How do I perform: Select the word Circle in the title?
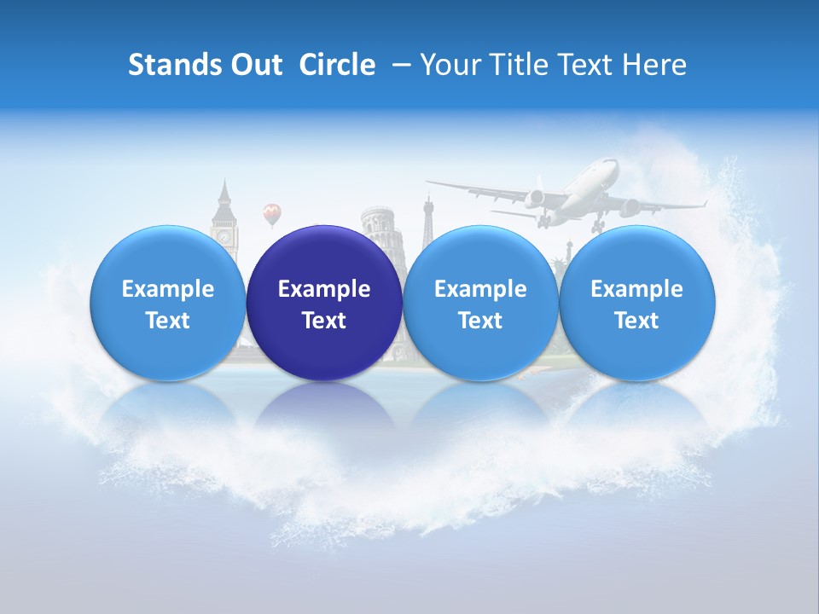point(337,65)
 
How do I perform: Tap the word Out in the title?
point(254,65)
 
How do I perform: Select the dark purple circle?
point(324,303)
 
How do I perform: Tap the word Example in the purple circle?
point(324,289)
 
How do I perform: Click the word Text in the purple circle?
point(324,321)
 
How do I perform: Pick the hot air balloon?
point(271,212)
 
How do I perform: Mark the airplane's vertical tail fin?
point(538,188)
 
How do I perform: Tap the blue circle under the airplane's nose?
point(636,303)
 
